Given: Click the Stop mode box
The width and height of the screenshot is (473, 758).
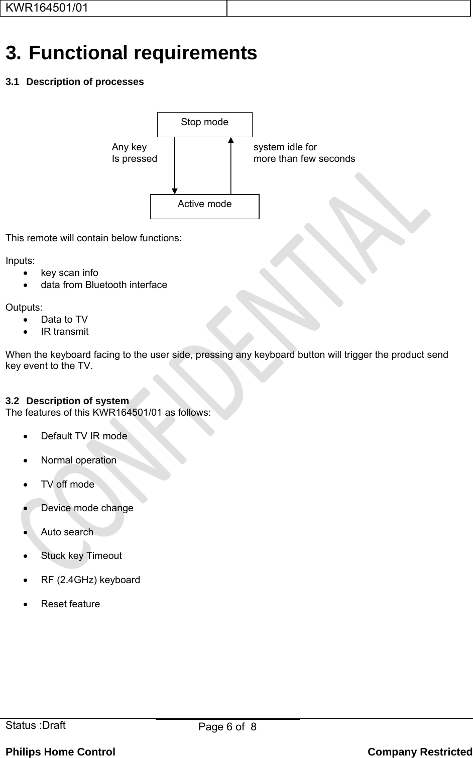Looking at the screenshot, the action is [204, 124].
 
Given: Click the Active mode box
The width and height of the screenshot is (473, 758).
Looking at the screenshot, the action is [204, 206].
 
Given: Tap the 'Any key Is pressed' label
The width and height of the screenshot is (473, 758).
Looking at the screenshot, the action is [134, 153].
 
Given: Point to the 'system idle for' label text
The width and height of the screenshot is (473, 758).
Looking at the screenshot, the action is [285, 147].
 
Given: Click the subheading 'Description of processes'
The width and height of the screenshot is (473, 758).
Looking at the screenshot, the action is [85, 81].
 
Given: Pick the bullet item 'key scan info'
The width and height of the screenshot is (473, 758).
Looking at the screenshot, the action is [69, 272].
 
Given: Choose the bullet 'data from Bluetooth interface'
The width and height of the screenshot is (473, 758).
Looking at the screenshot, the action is [104, 285].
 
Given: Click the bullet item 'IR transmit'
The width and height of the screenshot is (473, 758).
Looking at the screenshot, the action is [65, 331].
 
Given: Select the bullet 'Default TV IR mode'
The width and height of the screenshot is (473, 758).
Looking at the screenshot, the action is [84, 436].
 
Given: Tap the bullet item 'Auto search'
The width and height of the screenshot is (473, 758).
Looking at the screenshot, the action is [67, 532].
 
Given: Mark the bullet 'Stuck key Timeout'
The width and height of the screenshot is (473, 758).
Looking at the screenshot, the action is [81, 555].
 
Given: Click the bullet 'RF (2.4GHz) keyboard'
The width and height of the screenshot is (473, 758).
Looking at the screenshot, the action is [90, 580].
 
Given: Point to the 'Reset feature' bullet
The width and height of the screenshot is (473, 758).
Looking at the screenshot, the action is [70, 604].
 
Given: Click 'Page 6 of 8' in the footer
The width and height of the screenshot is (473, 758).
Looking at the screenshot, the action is [227, 727].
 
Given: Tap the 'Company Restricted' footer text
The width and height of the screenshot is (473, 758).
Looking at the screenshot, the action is [420, 752].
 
